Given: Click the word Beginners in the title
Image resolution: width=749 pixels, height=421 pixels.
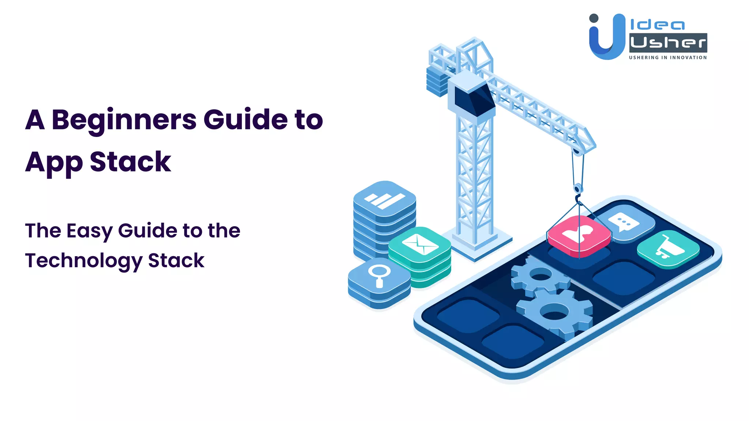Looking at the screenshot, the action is point(124,120).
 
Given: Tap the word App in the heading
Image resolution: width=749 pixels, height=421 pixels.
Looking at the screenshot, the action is point(54,162).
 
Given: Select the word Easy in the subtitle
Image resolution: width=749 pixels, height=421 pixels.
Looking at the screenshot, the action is point(89,231).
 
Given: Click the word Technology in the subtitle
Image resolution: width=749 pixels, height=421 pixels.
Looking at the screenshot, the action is point(83,261).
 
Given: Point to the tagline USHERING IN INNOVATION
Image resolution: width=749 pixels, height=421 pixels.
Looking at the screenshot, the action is point(668,57).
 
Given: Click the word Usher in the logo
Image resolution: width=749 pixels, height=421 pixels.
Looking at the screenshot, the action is point(668,43).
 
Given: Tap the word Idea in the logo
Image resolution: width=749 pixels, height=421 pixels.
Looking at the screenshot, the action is point(657,25).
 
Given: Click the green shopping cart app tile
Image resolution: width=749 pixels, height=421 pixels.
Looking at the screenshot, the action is point(668,249).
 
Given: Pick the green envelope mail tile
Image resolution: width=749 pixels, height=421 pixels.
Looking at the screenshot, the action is point(419,244).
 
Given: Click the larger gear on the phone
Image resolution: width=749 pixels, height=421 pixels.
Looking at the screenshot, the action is point(554,313).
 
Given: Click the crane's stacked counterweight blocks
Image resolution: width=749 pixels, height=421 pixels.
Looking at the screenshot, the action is point(437,81).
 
